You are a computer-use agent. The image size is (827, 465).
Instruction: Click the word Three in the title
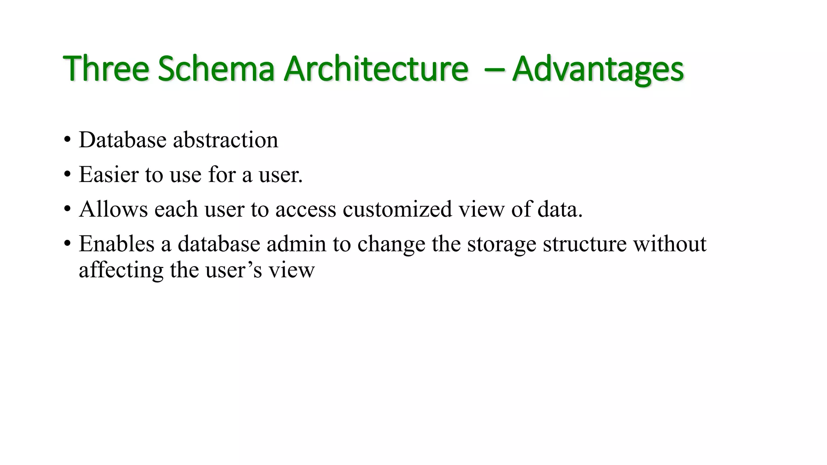point(106,69)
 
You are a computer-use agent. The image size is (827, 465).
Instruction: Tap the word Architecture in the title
point(376,69)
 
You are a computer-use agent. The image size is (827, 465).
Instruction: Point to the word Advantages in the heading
point(598,69)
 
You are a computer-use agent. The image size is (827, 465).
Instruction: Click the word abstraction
point(225,140)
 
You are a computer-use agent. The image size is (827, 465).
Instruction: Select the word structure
point(584,244)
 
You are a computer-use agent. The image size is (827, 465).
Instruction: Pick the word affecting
point(121,270)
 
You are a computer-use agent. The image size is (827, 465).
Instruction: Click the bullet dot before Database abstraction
point(67,140)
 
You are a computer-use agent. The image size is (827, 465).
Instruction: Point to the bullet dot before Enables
point(67,244)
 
